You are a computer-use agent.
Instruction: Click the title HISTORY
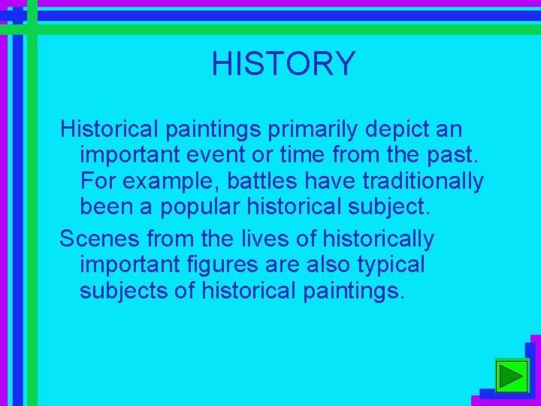[283, 64]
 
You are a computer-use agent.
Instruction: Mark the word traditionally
[435, 181]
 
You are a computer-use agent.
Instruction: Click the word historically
[378, 239]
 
